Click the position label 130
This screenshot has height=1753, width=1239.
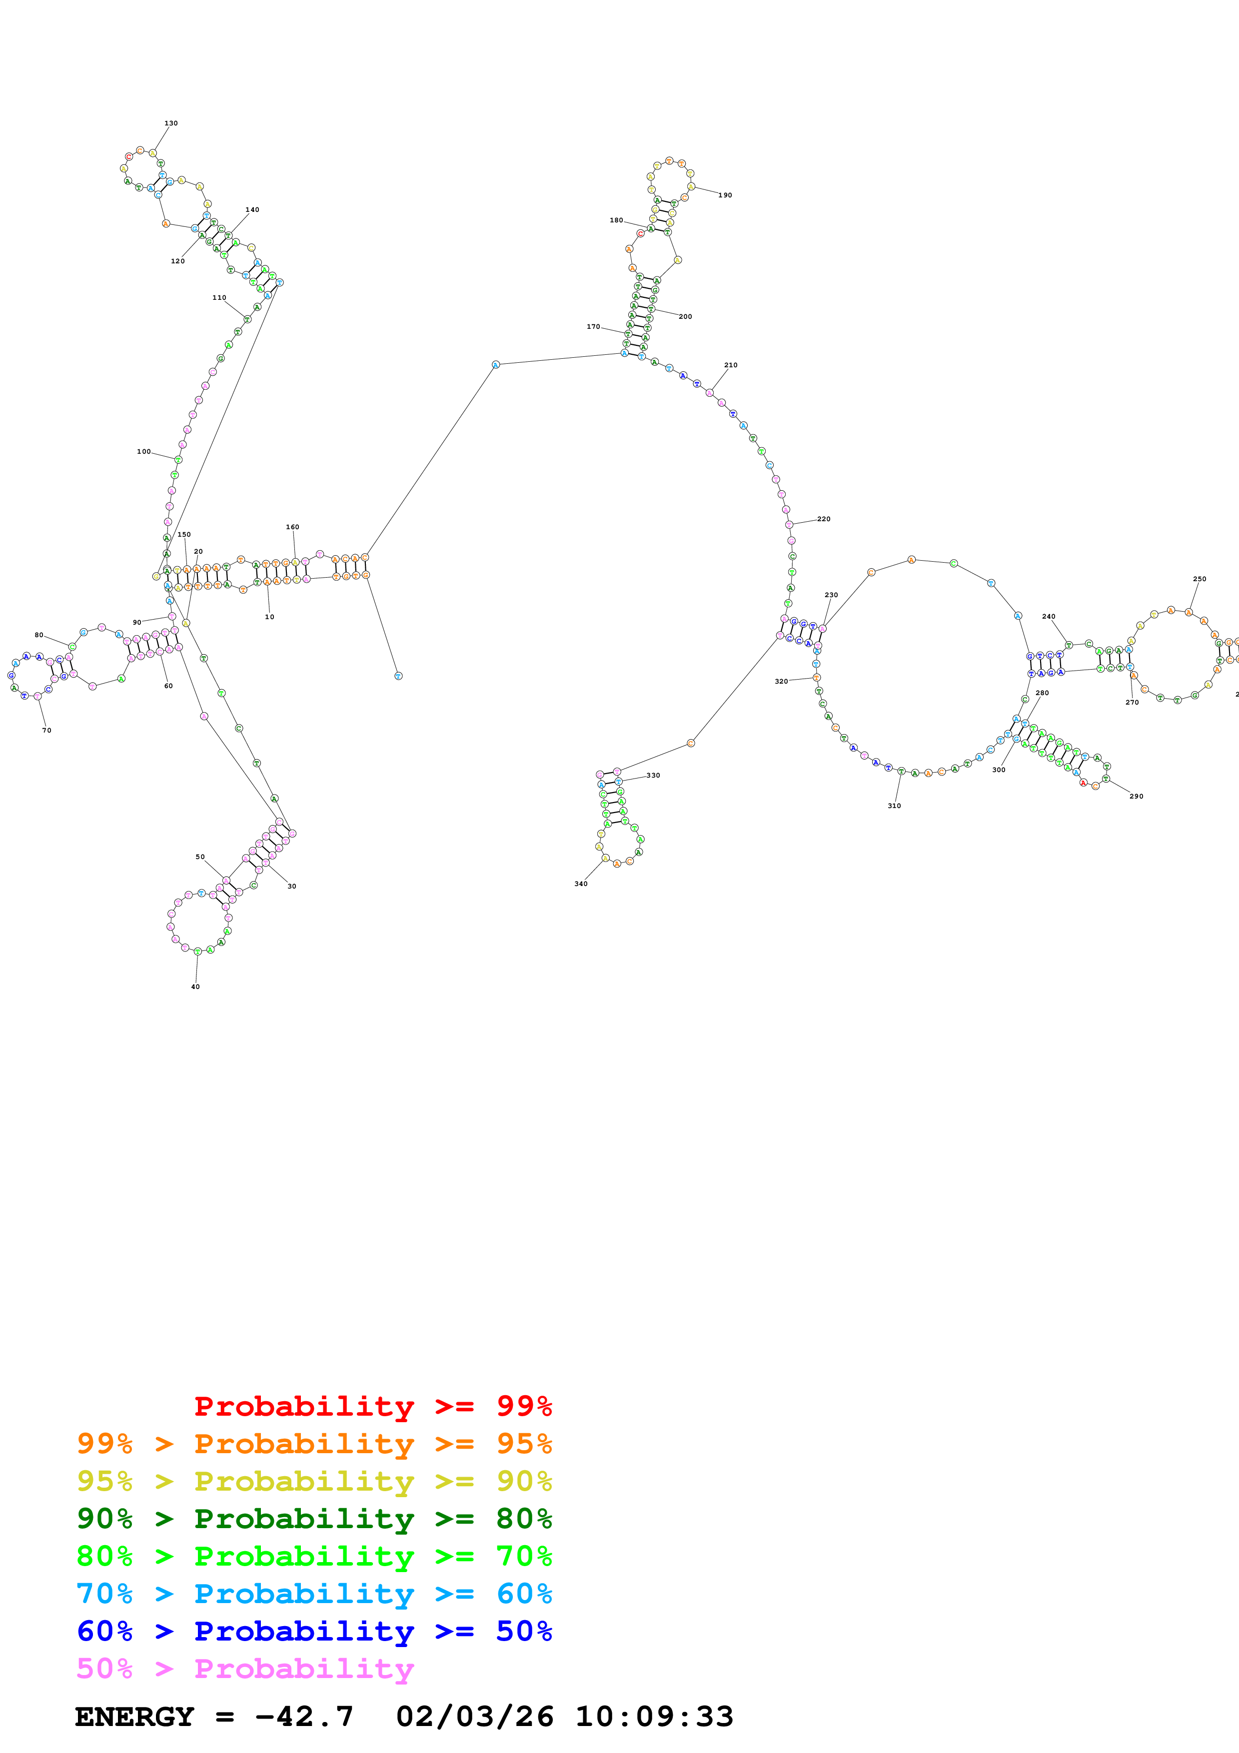point(171,123)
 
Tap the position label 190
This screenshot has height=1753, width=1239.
point(725,195)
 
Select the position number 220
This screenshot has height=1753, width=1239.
point(824,519)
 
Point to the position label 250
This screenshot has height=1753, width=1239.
point(1200,579)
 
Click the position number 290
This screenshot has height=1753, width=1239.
point(1136,797)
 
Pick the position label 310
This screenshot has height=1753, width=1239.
point(894,806)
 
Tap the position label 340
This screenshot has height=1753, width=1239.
point(581,883)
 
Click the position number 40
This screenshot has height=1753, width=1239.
point(195,986)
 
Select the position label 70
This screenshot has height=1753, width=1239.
point(46,730)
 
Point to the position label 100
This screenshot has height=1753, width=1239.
point(143,451)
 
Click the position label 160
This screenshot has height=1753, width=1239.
point(292,527)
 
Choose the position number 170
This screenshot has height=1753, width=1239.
point(593,327)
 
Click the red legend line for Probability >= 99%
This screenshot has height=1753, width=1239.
point(372,1406)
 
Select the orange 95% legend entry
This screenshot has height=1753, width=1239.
point(314,1443)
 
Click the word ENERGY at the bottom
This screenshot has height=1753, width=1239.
point(134,1717)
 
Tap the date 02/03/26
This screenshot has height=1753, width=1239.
point(474,1717)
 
